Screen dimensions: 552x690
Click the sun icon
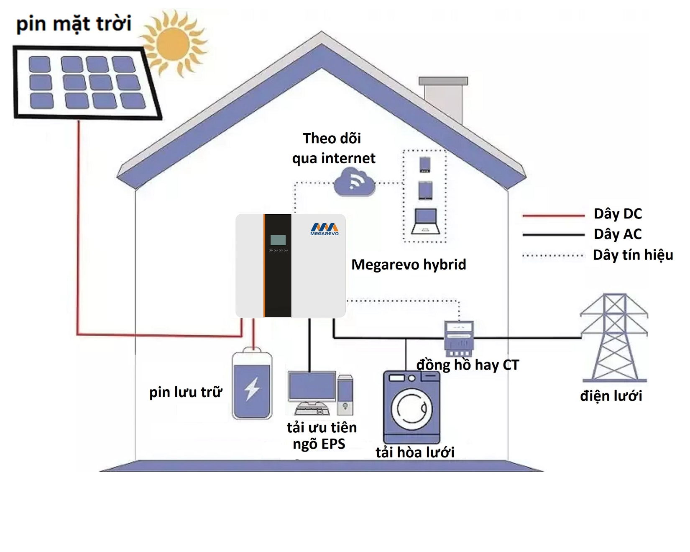click(x=173, y=44)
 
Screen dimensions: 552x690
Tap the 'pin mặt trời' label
click(x=74, y=23)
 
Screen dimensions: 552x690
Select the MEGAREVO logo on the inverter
click(x=325, y=229)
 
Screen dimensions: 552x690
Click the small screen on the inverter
click(x=278, y=240)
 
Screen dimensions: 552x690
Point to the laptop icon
click(x=425, y=221)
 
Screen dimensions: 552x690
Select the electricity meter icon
click(x=459, y=338)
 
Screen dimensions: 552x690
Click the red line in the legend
click(x=553, y=216)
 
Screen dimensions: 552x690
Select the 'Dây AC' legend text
click(x=618, y=234)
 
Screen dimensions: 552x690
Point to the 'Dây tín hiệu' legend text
click(x=633, y=255)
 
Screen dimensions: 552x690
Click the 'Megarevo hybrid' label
click(x=409, y=264)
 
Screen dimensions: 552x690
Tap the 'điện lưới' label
click(x=611, y=395)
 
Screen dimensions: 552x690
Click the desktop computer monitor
click(x=312, y=387)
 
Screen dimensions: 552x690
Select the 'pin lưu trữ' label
click(x=186, y=392)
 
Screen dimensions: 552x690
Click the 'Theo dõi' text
click(x=332, y=138)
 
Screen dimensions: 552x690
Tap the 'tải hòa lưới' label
click(x=415, y=452)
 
